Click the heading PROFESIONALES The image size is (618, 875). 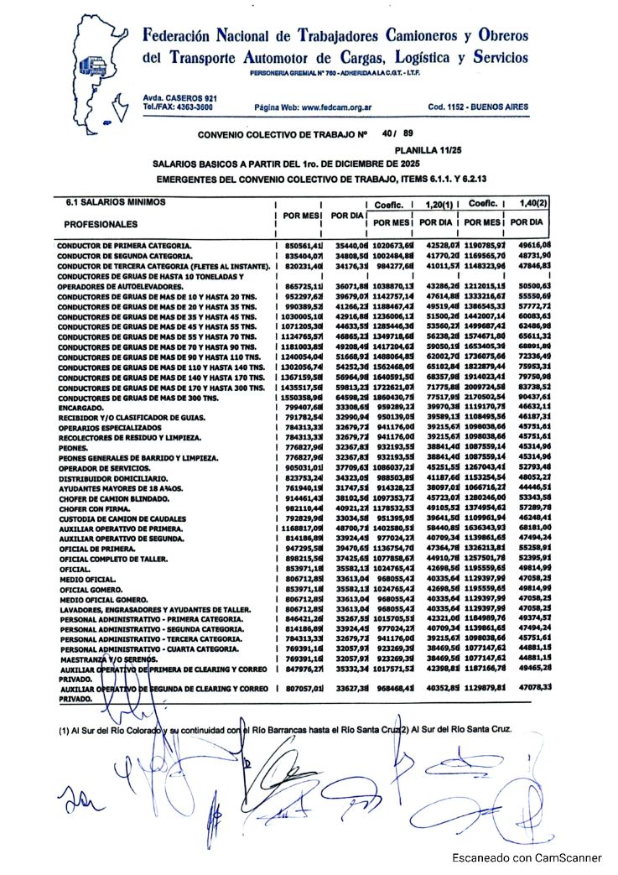(101, 225)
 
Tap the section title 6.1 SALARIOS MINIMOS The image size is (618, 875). (115, 202)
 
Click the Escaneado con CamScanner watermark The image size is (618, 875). (527, 858)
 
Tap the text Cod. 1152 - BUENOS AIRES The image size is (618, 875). (477, 108)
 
